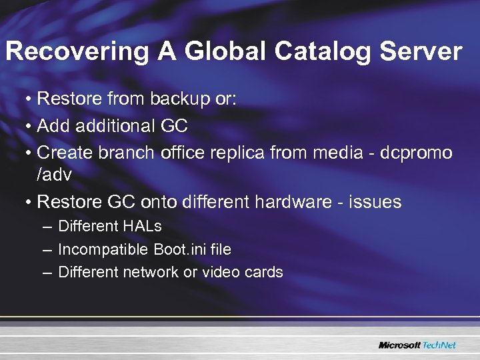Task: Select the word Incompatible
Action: click(x=103, y=249)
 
